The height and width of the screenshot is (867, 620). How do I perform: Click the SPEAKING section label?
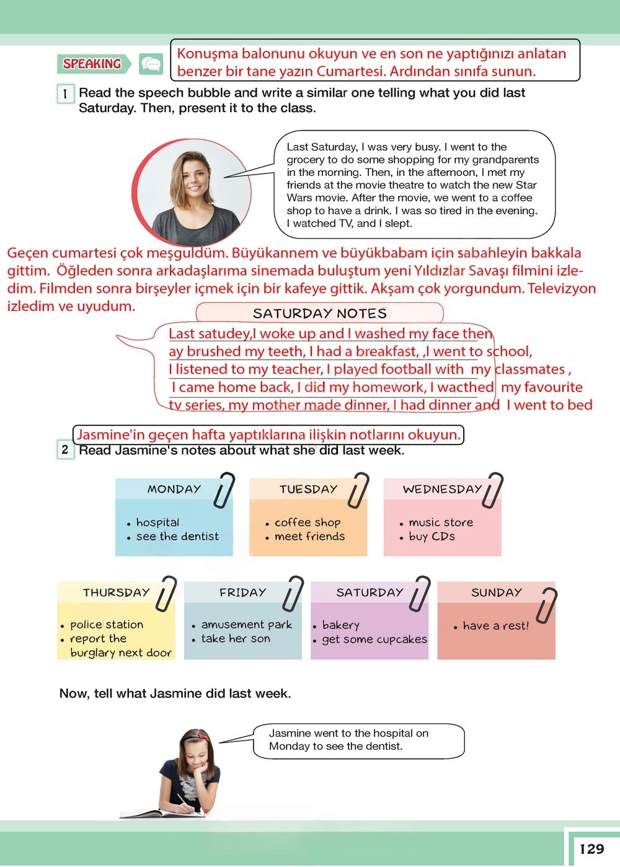92,64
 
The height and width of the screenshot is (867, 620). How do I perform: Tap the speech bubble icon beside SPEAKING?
151,64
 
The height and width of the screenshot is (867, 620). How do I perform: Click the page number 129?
591,849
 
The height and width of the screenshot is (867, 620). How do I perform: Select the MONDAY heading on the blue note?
174,489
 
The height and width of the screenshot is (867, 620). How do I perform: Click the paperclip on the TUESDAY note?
358,490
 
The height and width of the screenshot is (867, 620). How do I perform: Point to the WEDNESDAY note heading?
442,489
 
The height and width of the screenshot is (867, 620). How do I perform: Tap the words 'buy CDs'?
432,536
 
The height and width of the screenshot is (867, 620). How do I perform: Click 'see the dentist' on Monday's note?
177,536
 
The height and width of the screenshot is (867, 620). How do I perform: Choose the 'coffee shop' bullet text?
308,523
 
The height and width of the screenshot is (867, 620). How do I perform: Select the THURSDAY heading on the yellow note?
117,592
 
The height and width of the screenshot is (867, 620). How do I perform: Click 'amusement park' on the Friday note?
247,625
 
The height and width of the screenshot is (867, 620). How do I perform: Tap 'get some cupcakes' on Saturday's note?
374,639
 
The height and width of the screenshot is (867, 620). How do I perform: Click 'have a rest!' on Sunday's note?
496,626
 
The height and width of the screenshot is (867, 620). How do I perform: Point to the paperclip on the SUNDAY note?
547,606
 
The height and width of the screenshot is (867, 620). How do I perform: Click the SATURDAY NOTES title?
320,313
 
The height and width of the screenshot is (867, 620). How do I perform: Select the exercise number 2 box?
65,450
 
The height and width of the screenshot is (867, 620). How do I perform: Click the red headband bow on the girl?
203,736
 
